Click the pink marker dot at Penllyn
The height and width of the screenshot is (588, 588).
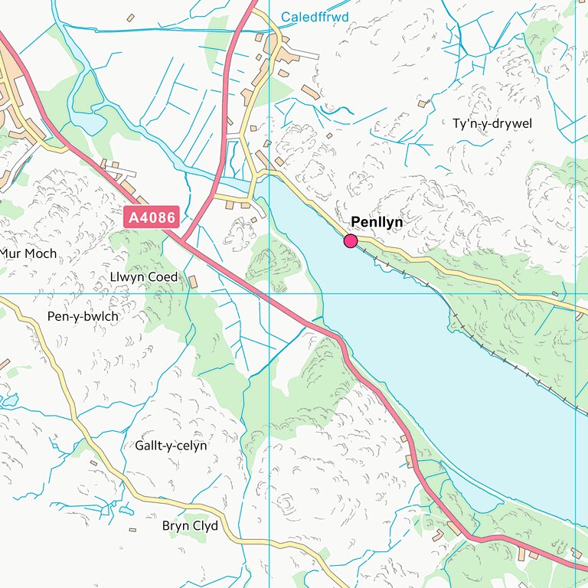point(351,241)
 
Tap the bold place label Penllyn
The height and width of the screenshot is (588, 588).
point(377,222)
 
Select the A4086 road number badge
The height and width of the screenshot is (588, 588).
point(152,218)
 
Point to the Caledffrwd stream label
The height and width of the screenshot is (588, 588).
point(315,17)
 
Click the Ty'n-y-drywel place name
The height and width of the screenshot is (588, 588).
point(492,123)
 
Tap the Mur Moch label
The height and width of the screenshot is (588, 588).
point(29,253)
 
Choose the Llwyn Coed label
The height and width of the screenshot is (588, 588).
point(144,276)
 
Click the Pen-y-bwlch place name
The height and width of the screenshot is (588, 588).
point(83,316)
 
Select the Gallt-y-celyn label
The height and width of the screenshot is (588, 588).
point(171,445)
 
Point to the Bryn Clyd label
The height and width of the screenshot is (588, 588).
point(190,526)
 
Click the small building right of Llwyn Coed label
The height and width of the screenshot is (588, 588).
point(192,282)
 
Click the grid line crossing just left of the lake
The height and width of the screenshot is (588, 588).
point(269,293)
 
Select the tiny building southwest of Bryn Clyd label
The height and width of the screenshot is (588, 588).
point(132,529)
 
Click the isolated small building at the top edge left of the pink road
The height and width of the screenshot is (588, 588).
point(130,18)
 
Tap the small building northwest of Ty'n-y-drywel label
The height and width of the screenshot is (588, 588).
point(421,103)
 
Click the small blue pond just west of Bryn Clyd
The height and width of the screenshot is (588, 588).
point(126,511)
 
